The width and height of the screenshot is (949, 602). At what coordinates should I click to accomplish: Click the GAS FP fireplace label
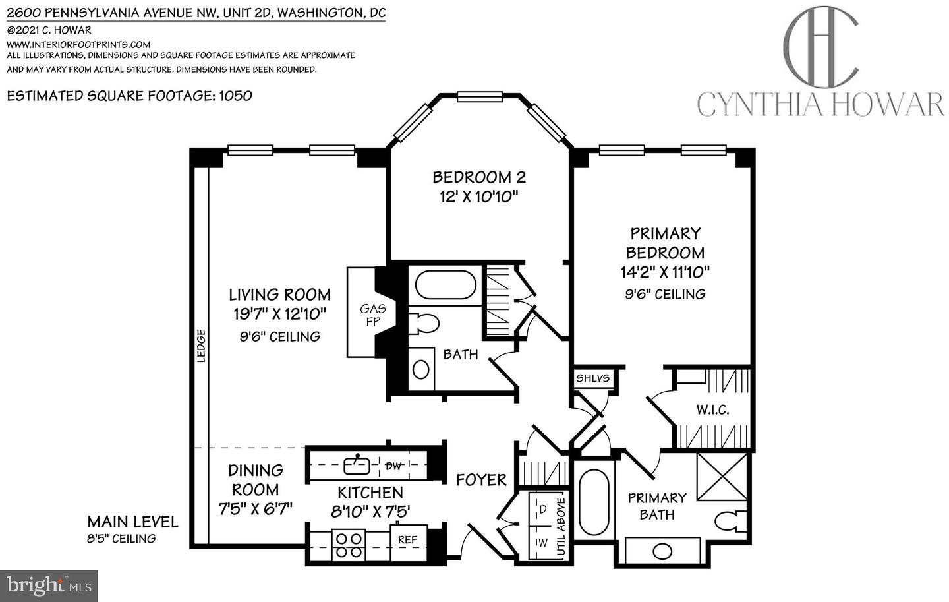372,315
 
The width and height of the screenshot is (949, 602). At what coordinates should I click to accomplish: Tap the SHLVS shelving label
593,378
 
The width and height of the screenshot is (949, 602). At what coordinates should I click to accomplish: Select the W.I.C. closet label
712,410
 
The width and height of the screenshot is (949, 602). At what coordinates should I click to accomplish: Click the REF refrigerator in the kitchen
407,539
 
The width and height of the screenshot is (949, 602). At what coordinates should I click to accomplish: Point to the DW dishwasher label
393,466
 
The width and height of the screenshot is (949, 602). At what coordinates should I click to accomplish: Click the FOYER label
481,480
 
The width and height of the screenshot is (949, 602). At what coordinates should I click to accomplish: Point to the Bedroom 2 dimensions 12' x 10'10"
479,196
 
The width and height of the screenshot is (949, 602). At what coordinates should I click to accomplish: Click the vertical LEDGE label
202,346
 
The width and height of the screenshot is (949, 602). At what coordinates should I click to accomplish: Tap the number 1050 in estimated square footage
235,96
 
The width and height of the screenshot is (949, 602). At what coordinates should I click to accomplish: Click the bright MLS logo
49,586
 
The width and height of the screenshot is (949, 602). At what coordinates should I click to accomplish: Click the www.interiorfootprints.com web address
78,44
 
